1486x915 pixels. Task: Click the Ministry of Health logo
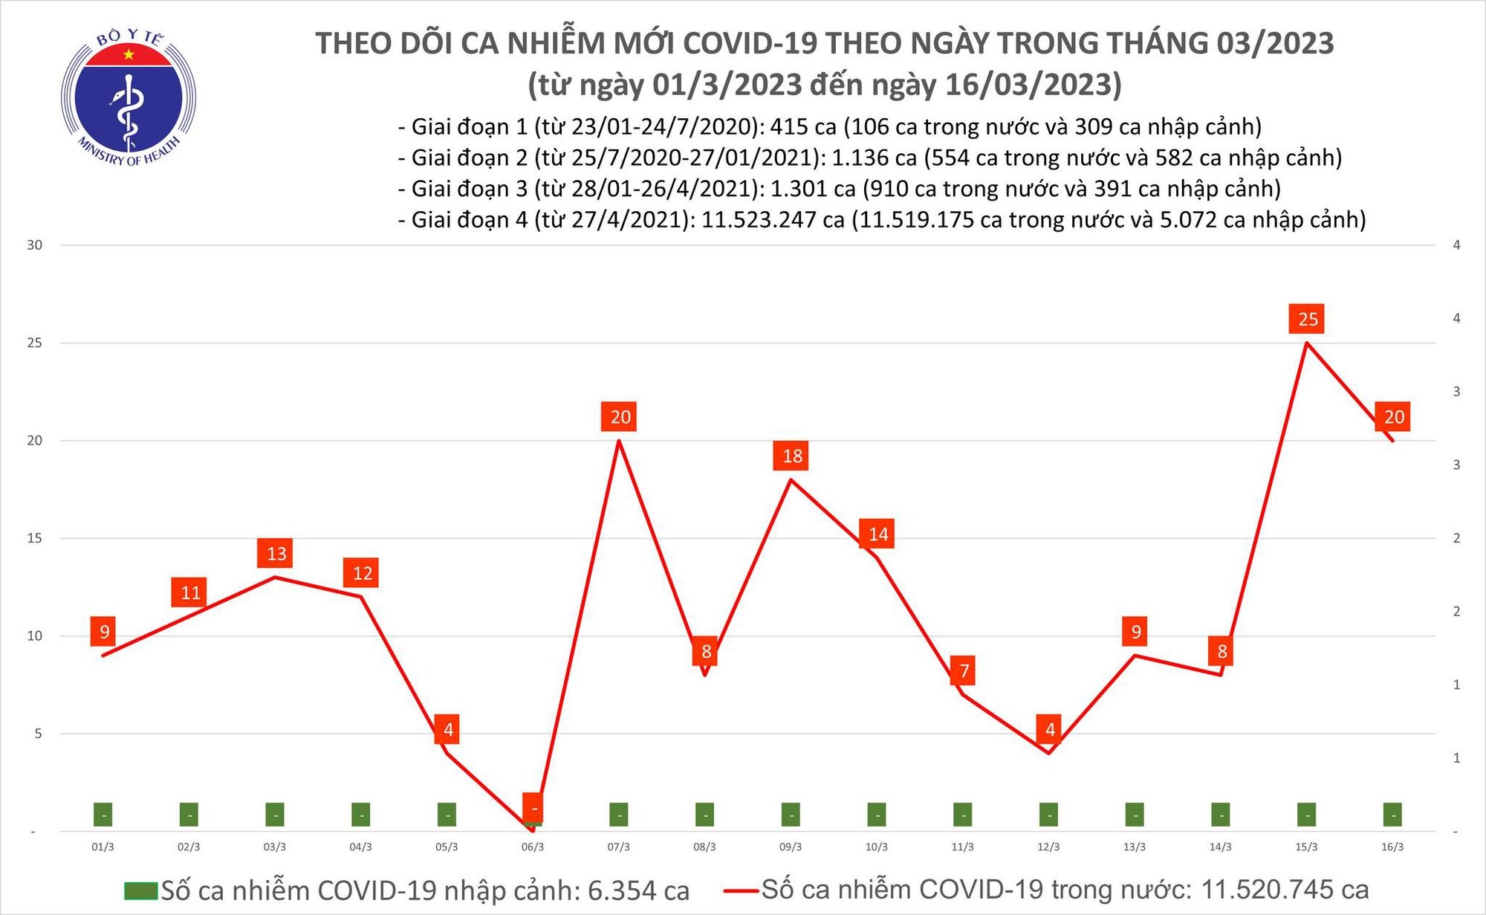point(129,98)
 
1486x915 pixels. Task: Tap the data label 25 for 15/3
point(1308,320)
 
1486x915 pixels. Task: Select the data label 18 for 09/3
point(792,456)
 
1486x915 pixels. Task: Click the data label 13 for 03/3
point(276,554)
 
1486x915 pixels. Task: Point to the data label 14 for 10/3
point(878,534)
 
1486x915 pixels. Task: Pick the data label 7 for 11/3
point(964,671)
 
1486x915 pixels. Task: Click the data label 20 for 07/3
point(620,417)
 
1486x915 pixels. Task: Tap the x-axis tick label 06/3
point(533,847)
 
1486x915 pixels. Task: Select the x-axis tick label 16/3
point(1392,847)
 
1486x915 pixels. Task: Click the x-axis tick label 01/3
point(103,847)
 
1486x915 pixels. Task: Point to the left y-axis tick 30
point(35,245)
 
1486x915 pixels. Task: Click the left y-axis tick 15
point(35,538)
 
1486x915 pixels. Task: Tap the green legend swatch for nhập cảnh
point(140,890)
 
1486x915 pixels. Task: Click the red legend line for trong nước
point(741,890)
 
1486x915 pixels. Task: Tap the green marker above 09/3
point(791,815)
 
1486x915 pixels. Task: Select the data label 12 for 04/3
point(362,573)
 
